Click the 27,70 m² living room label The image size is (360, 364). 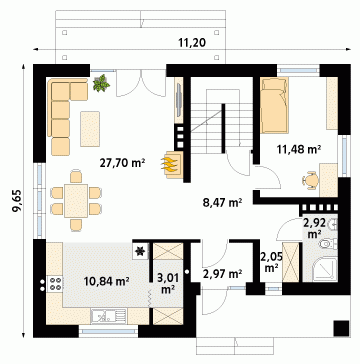point(122,163)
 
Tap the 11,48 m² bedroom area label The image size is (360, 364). point(299,149)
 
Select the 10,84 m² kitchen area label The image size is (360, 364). point(107,281)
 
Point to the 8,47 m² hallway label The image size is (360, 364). point(222,202)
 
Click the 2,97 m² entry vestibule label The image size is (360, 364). point(222,274)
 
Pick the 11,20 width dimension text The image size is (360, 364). point(192,42)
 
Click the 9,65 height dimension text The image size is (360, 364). point(17,201)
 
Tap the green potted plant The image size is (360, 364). point(101,83)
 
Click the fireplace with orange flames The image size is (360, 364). point(172,165)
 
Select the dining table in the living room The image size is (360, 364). point(76,201)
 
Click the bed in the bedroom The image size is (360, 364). point(274,105)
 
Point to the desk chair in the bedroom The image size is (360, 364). point(311,180)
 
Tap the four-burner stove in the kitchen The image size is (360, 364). point(55,284)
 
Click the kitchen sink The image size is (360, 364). point(109,316)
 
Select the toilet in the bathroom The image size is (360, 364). point(328,244)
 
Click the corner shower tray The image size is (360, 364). point(325,269)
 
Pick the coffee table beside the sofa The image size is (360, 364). point(90,129)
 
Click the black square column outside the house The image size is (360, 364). point(341,328)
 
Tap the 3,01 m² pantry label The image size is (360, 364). point(168,283)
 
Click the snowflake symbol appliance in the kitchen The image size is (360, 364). point(140,251)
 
